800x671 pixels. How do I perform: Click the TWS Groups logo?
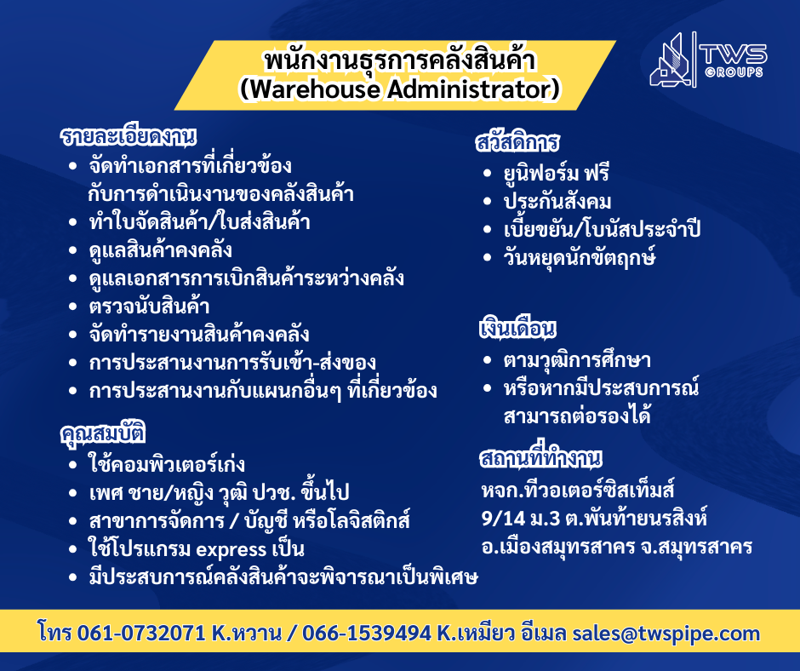[x=708, y=60]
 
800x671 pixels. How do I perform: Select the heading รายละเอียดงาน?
[x=128, y=136]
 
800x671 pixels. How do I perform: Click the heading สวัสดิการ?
[x=517, y=142]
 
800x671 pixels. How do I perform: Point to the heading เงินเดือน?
[x=517, y=328]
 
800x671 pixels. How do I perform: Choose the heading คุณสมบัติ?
[x=102, y=434]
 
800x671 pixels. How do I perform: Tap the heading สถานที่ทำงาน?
[x=540, y=456]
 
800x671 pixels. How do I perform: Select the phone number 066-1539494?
[x=367, y=634]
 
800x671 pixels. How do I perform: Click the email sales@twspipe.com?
[x=666, y=634]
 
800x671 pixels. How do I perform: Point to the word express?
[x=231, y=550]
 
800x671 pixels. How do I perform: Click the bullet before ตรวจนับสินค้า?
[x=73, y=307]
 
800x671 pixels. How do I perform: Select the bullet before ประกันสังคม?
[x=488, y=202]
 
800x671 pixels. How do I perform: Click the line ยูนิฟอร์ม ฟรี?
[x=556, y=173]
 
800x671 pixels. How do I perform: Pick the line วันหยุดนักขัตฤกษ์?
[x=580, y=257]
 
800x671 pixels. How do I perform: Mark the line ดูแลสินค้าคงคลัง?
[x=160, y=250]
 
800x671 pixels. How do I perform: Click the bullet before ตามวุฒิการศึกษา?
[x=488, y=360]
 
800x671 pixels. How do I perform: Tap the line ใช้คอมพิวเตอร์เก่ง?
[x=166, y=464]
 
